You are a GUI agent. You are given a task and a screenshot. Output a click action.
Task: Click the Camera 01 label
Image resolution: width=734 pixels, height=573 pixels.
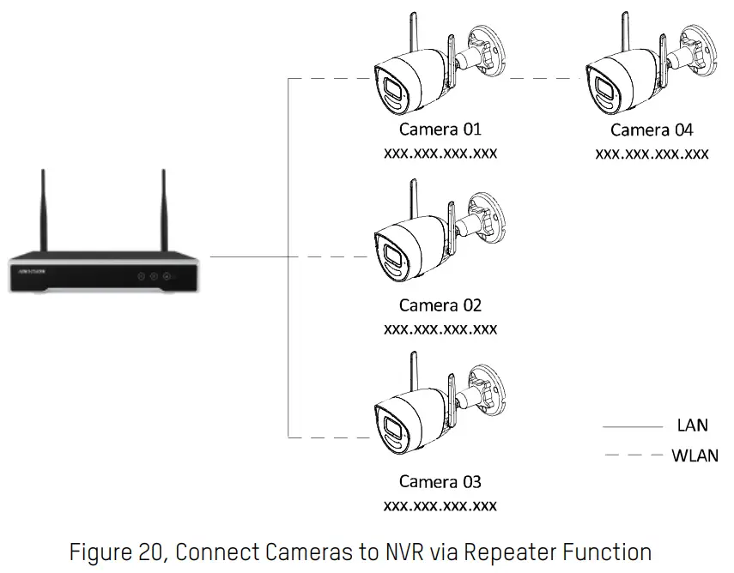(440, 130)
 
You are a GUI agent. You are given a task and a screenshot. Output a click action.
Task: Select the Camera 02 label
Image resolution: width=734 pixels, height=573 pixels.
(440, 305)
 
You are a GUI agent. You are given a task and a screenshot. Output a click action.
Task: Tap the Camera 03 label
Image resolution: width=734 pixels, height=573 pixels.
(440, 482)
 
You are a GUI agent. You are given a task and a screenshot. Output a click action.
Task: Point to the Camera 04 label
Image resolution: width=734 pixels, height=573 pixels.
(652, 130)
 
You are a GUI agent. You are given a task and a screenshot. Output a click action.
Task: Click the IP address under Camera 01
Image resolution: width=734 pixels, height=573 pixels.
(440, 154)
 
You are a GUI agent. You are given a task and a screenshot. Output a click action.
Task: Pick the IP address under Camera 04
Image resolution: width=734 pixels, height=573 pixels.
(652, 154)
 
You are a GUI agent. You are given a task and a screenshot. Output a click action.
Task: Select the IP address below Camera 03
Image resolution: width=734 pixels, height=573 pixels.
(440, 505)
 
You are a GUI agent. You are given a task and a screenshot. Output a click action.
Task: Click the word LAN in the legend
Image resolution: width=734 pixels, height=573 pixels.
(692, 425)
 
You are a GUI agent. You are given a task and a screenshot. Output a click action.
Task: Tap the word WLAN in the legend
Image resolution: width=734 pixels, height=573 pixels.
(695, 455)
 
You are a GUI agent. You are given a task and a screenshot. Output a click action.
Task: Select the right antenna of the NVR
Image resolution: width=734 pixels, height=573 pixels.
(164, 210)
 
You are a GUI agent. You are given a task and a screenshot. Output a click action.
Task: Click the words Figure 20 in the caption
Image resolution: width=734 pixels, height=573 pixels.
(116, 551)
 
